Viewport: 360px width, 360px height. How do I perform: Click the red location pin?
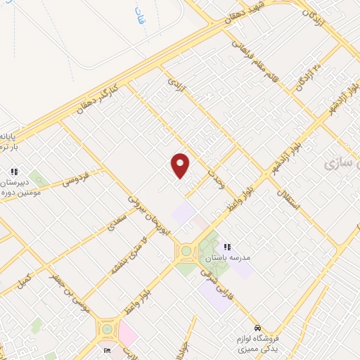click(x=181, y=165)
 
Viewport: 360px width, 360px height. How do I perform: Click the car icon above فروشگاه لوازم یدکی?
click(x=258, y=328)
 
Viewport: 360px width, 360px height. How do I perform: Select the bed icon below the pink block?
click(x=106, y=350)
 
